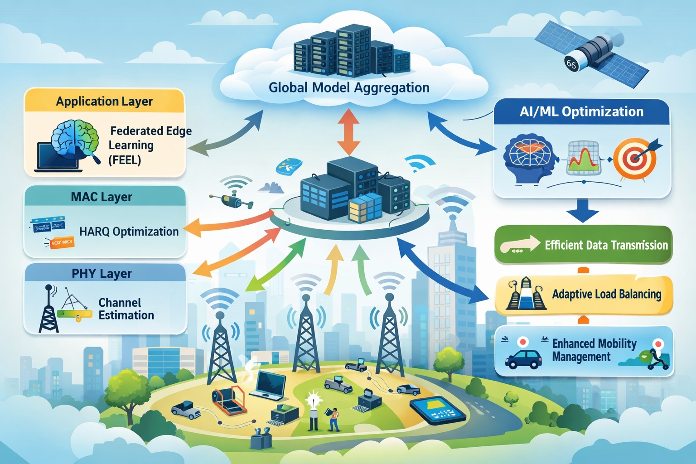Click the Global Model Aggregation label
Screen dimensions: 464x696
349,87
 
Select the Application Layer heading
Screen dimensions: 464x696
104,101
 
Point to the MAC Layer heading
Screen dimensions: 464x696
101,197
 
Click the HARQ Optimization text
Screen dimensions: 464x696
129,232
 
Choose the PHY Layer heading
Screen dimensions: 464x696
101,274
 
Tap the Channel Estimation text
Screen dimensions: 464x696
126,309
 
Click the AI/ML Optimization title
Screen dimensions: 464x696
581,111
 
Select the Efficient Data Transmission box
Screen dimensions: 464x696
583,245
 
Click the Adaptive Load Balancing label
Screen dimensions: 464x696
606,295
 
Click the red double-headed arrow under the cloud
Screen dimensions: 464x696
348,131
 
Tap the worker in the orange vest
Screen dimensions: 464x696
334,419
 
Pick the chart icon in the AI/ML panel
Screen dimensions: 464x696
583,158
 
